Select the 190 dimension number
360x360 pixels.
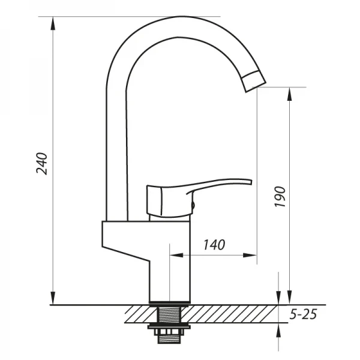(280, 197)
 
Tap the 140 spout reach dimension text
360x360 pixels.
(214, 244)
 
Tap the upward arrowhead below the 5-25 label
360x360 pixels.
(278, 331)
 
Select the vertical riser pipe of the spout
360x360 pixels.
(116, 150)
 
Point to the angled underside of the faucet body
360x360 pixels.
(126, 251)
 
